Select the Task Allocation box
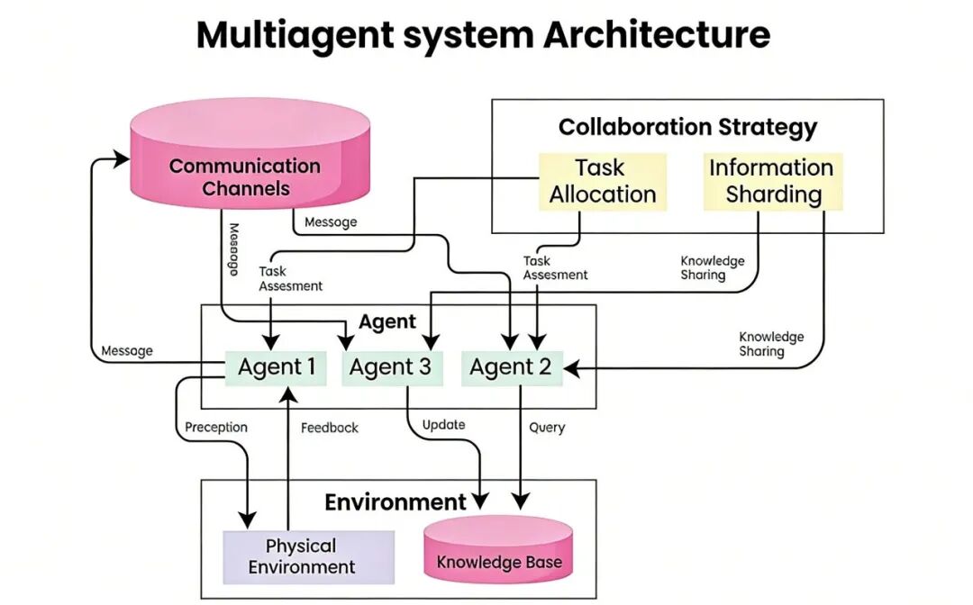[x=603, y=181]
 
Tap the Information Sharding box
[x=773, y=181]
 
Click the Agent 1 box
[x=276, y=367]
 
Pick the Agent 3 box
[x=391, y=367]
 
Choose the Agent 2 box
[x=511, y=367]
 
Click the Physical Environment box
[x=302, y=555]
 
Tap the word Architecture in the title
[x=657, y=35]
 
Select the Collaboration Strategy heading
[x=687, y=127]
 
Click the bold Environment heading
[x=396, y=501]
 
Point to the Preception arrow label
[x=216, y=427]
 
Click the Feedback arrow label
[x=329, y=428]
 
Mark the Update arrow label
[x=443, y=424]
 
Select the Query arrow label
[x=547, y=427]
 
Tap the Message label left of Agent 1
[x=127, y=350]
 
